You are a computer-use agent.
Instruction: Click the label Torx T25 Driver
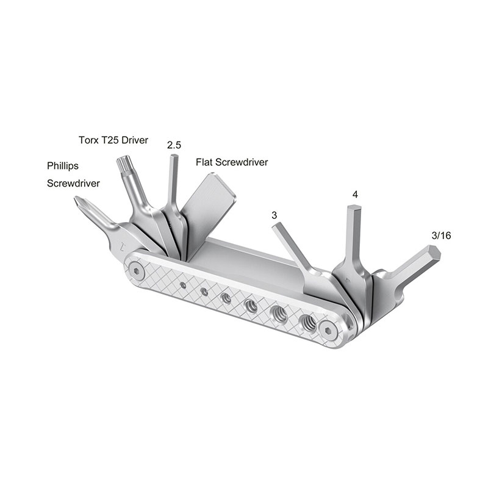(113, 139)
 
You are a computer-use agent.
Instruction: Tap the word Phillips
(63, 165)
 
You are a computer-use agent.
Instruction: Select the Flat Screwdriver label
(232, 162)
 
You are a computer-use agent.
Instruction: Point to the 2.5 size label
(174, 145)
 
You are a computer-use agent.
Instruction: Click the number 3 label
(274, 215)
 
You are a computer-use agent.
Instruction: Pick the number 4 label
(354, 195)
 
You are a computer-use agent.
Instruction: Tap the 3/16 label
(441, 235)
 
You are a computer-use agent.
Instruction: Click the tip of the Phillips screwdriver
(79, 201)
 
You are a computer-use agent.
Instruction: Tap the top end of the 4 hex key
(354, 210)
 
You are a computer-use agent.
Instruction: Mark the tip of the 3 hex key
(276, 226)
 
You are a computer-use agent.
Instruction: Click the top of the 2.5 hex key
(173, 157)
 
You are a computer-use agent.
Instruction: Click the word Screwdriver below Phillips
(73, 182)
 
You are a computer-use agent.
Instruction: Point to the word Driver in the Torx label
(134, 139)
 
